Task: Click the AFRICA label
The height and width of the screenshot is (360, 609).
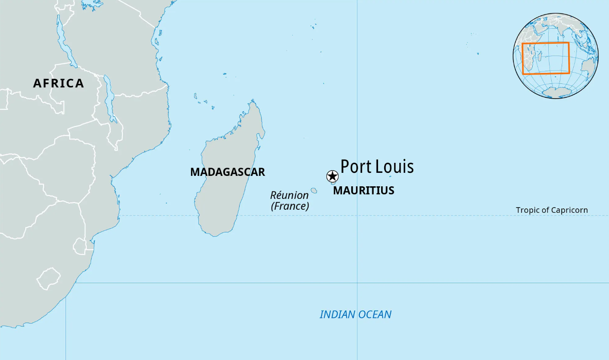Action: pyautogui.click(x=59, y=83)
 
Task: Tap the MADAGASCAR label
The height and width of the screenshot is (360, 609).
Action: pyautogui.click(x=227, y=172)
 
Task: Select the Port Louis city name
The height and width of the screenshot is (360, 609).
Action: pyautogui.click(x=377, y=166)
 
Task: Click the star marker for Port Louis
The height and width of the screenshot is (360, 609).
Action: pyautogui.click(x=332, y=176)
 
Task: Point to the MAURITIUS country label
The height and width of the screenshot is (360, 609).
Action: pyautogui.click(x=364, y=190)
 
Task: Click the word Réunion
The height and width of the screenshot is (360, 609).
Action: pyautogui.click(x=290, y=195)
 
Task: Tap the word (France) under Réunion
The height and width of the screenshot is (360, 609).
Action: pyautogui.click(x=290, y=206)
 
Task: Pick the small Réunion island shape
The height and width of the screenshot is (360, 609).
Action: pyautogui.click(x=314, y=190)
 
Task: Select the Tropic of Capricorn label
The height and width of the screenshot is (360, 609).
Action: pyautogui.click(x=552, y=210)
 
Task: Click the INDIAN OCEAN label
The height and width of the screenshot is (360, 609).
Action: pyautogui.click(x=356, y=314)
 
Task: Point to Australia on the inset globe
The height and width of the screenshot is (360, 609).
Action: pyautogui.click(x=588, y=67)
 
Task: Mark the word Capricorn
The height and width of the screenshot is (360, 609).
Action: pyautogui.click(x=569, y=210)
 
